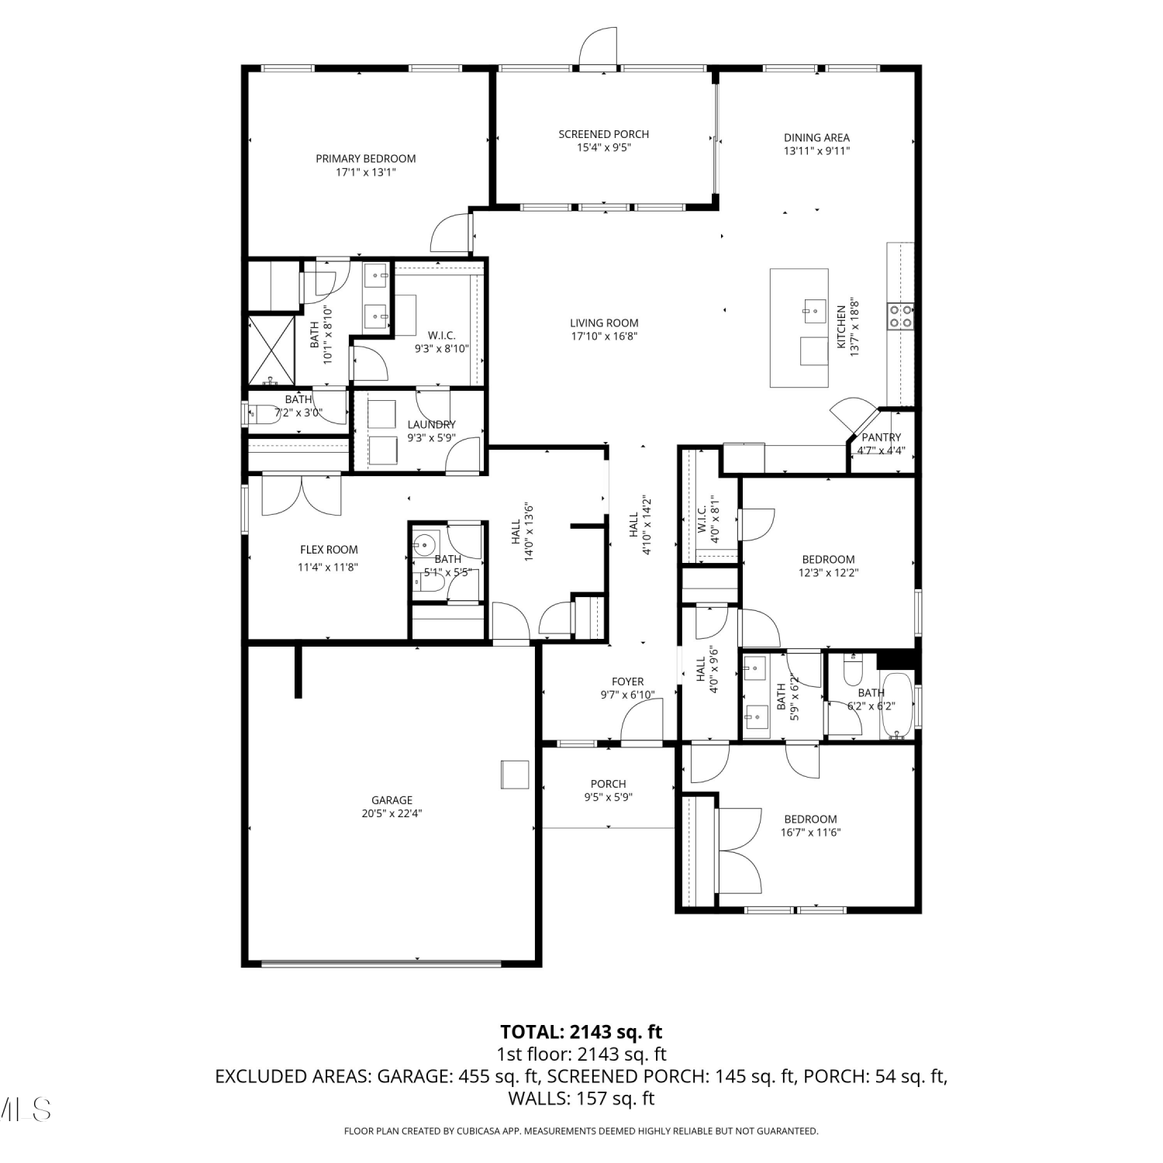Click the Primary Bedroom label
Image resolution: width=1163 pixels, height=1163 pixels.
click(366, 158)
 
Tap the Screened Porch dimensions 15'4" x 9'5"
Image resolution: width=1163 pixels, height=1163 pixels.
click(603, 147)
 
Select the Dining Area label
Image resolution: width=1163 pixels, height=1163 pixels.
click(816, 137)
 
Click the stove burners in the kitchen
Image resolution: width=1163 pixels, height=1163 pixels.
click(900, 316)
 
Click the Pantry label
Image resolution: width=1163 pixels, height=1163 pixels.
click(882, 437)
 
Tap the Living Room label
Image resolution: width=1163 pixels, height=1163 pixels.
click(604, 323)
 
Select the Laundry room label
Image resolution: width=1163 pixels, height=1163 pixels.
click(432, 424)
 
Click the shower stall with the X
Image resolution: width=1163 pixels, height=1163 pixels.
click(271, 350)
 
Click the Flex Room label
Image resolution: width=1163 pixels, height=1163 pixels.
click(329, 550)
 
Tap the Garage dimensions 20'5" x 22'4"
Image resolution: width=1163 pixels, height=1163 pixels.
click(392, 813)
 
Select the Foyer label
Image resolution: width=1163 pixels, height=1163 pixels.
click(628, 682)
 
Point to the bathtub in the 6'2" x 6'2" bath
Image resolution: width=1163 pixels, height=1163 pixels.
click(899, 705)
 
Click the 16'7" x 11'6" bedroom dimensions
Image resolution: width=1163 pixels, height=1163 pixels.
click(810, 833)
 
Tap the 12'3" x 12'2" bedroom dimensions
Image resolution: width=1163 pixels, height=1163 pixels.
click(828, 573)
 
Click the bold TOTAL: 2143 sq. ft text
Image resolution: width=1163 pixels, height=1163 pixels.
click(581, 1032)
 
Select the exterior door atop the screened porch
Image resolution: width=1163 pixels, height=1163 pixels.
click(598, 47)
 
